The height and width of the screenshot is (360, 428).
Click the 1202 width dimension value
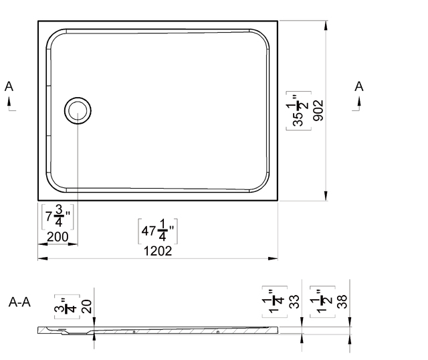(x=158, y=251)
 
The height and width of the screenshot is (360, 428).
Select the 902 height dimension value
(x=318, y=110)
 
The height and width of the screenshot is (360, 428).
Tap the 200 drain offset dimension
(x=58, y=236)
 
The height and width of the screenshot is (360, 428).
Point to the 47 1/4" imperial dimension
(x=158, y=231)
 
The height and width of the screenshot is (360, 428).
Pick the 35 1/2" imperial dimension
(x=299, y=110)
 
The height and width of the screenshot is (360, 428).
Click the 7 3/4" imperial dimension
(x=58, y=217)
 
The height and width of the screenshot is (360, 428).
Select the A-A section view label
(x=19, y=302)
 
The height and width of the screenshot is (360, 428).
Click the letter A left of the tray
(x=9, y=86)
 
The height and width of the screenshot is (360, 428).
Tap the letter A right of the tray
(x=359, y=86)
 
